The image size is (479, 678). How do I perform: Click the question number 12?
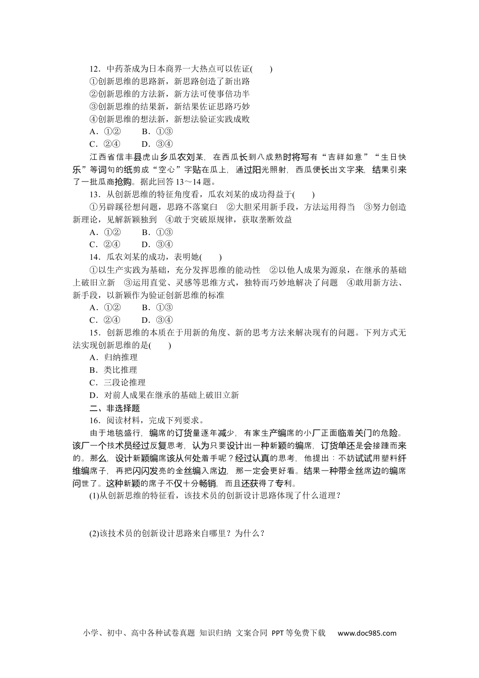[93, 69]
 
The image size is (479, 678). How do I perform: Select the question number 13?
[93, 195]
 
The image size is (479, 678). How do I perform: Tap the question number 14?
[93, 257]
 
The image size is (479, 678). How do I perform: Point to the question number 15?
[93, 332]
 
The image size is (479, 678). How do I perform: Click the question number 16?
[93, 420]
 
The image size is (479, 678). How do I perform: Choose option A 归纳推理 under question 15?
[113, 358]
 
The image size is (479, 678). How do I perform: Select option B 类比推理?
[113, 370]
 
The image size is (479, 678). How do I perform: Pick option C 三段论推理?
[117, 383]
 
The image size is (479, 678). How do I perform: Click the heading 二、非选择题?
[114, 408]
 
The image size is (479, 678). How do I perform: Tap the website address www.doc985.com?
[367, 633]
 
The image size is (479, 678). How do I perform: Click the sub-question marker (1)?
[93, 495]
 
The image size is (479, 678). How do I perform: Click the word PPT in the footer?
[278, 633]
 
